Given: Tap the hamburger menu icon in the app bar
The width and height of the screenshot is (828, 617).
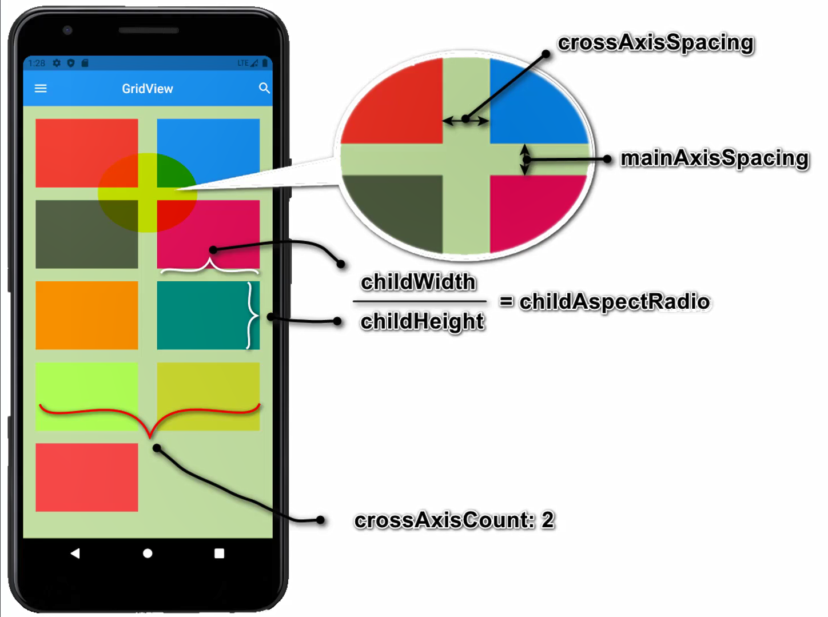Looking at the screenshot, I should [x=41, y=89].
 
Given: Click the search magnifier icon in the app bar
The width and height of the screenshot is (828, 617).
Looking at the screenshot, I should [x=264, y=88].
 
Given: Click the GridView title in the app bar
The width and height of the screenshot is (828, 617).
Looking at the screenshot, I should [x=147, y=89].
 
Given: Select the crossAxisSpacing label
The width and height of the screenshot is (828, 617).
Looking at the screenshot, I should [x=655, y=43].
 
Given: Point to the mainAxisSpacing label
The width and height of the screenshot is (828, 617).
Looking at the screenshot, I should [x=714, y=158].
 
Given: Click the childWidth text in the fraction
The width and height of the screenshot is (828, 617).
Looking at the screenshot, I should [x=418, y=282].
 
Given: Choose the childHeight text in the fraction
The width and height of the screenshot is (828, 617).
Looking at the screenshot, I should [x=422, y=321].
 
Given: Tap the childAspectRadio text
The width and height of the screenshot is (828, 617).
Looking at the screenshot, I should [x=614, y=301].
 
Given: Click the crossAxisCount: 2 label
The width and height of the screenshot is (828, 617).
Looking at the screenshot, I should [x=454, y=520].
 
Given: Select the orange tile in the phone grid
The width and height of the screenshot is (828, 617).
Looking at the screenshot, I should [x=86, y=315].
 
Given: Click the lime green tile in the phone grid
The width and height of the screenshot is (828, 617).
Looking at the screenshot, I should [x=86, y=389].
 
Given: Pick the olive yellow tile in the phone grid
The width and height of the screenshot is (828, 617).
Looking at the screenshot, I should [x=208, y=389].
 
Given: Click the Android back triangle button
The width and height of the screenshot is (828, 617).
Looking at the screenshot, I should [x=75, y=553].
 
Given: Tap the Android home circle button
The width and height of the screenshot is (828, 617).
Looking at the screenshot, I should [x=148, y=553].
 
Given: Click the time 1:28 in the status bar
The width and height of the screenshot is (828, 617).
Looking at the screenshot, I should [x=37, y=63].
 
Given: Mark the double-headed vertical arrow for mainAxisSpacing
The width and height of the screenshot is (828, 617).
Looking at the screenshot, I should [x=524, y=159].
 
